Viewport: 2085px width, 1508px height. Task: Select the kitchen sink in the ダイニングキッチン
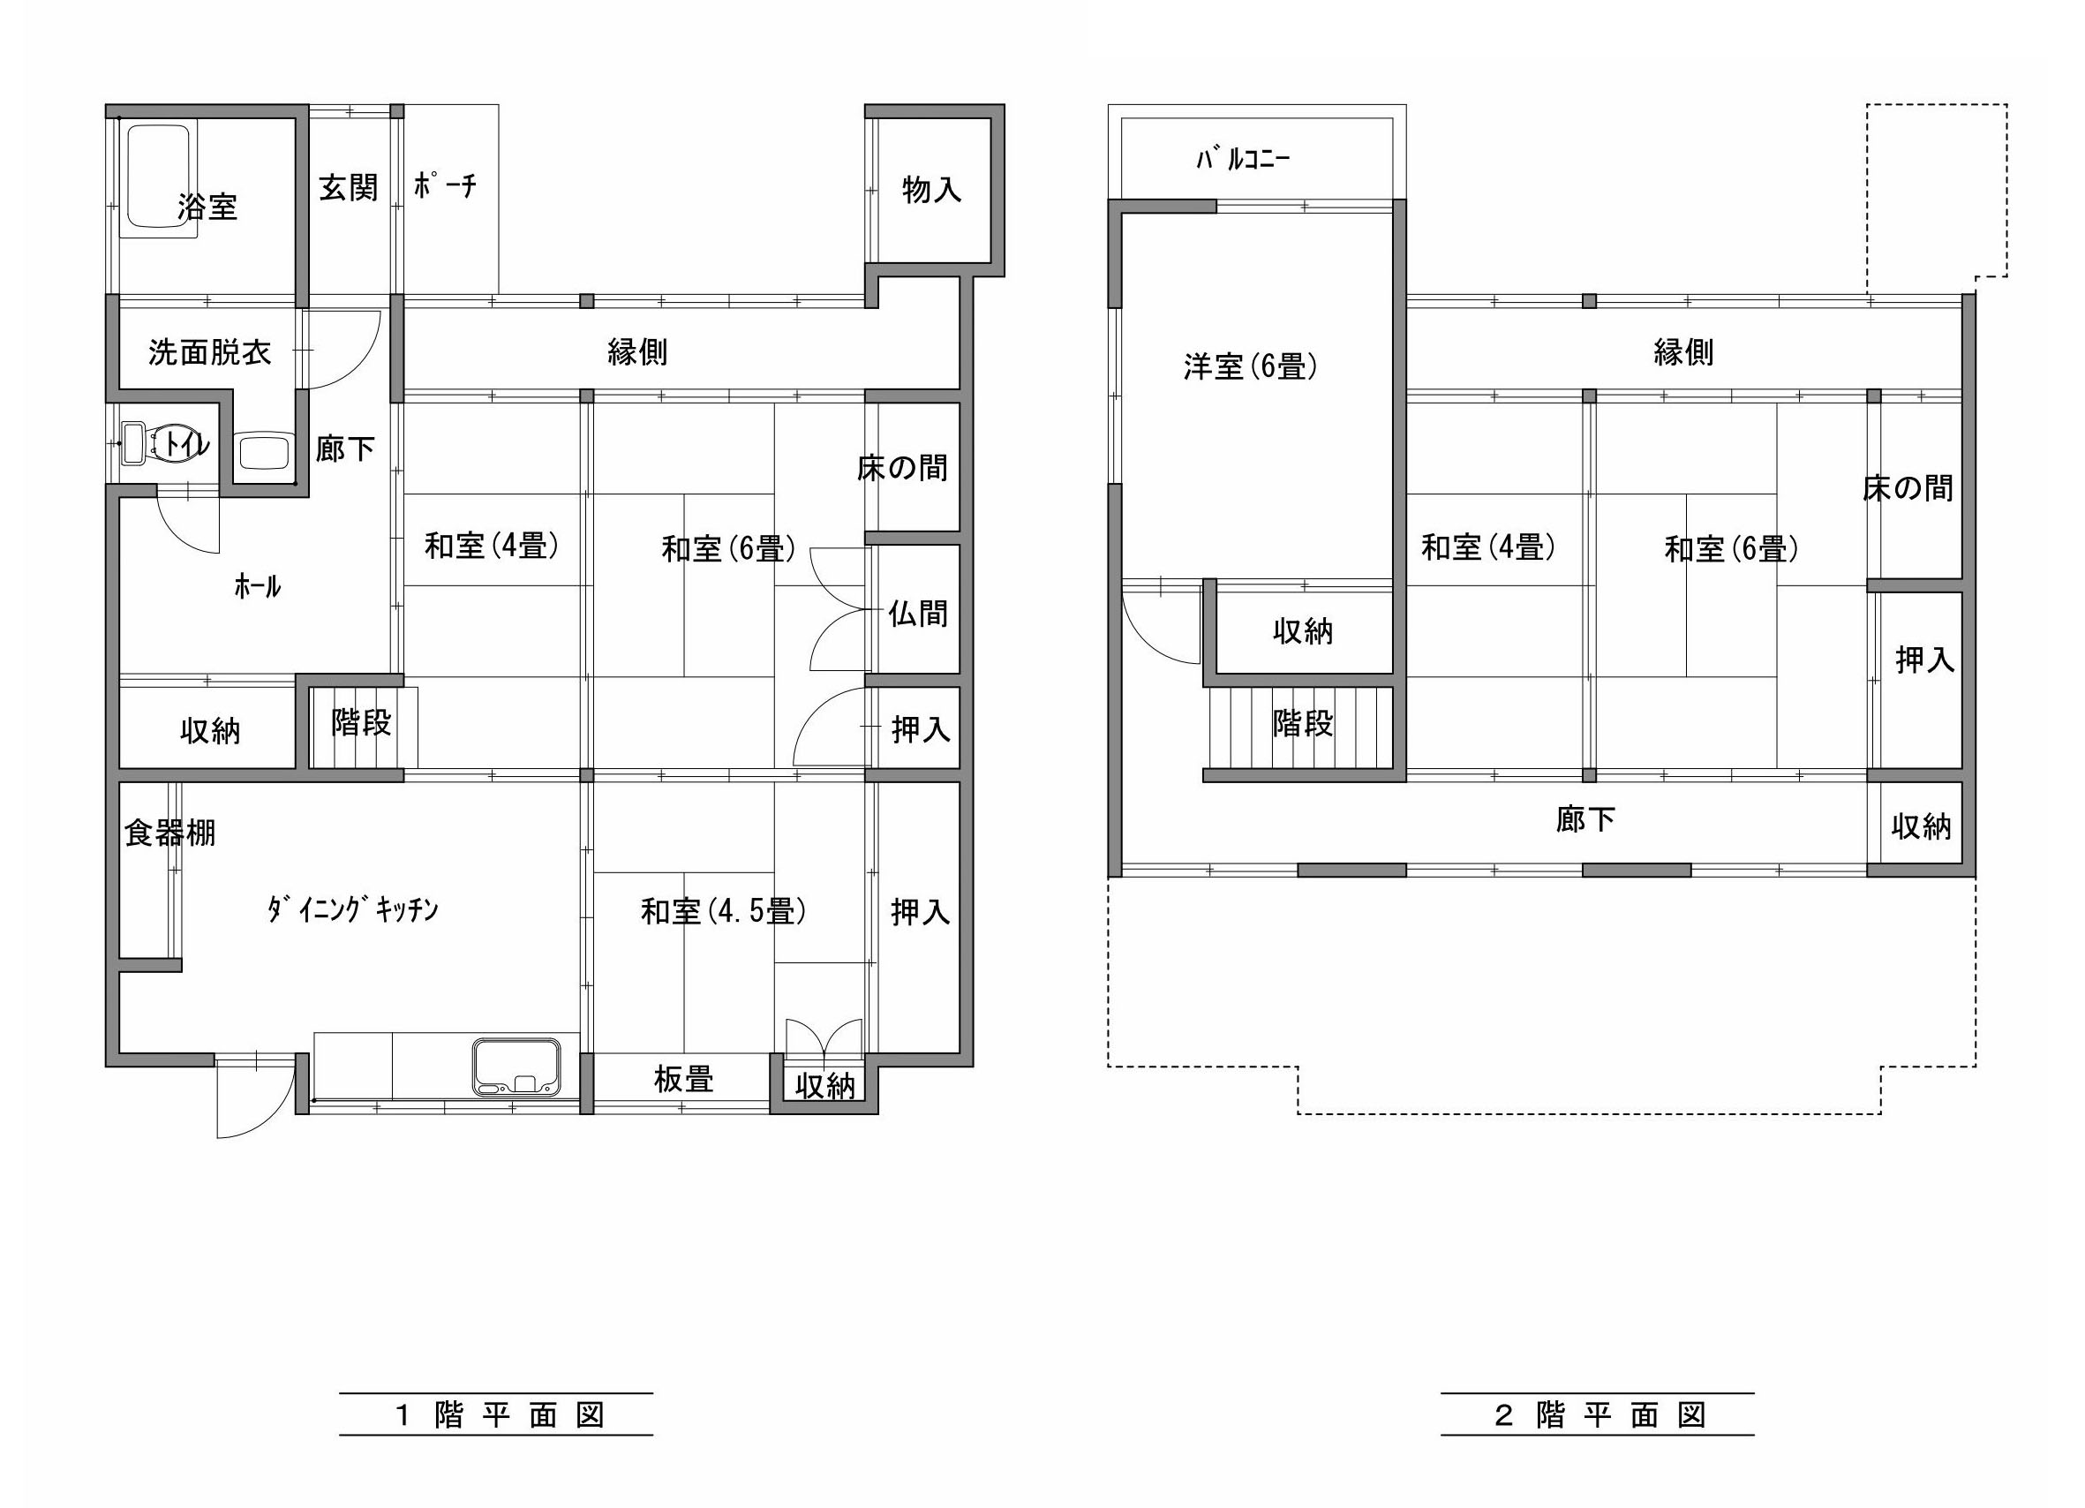(x=516, y=1067)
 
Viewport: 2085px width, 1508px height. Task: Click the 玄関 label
(x=349, y=187)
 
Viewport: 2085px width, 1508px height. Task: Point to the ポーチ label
(x=445, y=185)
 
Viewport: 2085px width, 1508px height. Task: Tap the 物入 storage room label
(x=932, y=190)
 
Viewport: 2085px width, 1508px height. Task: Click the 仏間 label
(x=917, y=614)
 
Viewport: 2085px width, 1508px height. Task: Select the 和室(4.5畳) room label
(x=724, y=911)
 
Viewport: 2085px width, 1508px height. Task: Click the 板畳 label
(x=684, y=1079)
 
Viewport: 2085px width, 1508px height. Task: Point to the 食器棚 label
(x=170, y=833)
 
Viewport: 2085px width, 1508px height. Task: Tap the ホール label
(x=258, y=585)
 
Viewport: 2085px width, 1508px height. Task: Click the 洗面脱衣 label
(x=209, y=351)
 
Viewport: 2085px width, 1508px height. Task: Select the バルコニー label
(x=1243, y=159)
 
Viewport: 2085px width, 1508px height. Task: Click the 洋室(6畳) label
(x=1250, y=367)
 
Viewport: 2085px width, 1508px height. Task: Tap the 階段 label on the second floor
(x=1303, y=724)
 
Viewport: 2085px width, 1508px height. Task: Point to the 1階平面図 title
(x=500, y=1414)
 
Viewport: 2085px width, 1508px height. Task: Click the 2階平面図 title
(x=1600, y=1414)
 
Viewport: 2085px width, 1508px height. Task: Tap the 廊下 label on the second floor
(x=1585, y=818)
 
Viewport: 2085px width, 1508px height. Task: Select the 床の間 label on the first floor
(x=903, y=468)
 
